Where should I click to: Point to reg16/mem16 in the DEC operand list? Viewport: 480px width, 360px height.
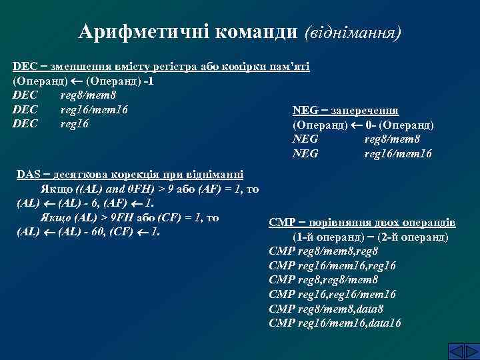(x=94, y=109)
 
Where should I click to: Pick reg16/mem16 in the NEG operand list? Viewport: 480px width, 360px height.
(x=398, y=154)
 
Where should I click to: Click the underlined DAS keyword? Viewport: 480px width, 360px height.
(x=29, y=175)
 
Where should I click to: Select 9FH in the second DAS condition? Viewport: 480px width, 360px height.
(x=123, y=218)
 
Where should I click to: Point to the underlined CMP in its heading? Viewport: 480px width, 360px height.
(x=281, y=223)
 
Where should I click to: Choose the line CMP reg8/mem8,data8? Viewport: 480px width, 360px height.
(x=326, y=309)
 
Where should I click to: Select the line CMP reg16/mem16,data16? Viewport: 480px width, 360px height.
(x=335, y=323)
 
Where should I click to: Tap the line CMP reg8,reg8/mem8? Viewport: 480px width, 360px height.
(x=323, y=280)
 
